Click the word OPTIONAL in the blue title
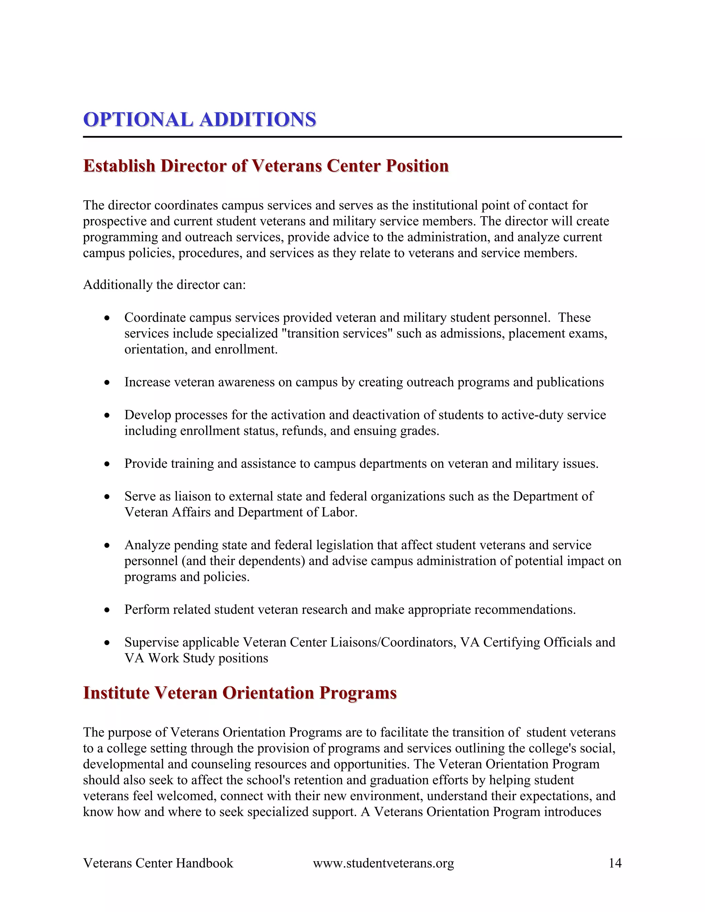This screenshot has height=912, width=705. click(x=138, y=120)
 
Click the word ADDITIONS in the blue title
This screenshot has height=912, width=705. click(x=258, y=120)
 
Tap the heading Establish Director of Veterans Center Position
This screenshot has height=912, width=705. click(x=266, y=166)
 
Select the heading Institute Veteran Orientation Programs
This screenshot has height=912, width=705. click(x=240, y=693)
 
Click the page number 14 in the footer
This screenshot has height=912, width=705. click(x=615, y=863)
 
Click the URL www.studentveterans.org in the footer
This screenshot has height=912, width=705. click(x=383, y=863)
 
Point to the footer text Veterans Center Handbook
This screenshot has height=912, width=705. click(x=158, y=863)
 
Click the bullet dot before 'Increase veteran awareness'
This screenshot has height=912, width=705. click(x=107, y=382)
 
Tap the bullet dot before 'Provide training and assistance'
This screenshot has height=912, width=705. click(x=107, y=464)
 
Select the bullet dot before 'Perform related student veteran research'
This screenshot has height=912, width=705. click(x=107, y=610)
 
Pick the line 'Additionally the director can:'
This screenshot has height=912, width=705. click(x=164, y=285)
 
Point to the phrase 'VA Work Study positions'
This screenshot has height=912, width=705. click(x=196, y=658)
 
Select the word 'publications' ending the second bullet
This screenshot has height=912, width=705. click(x=570, y=382)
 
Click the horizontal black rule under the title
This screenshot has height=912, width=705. click(x=352, y=137)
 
